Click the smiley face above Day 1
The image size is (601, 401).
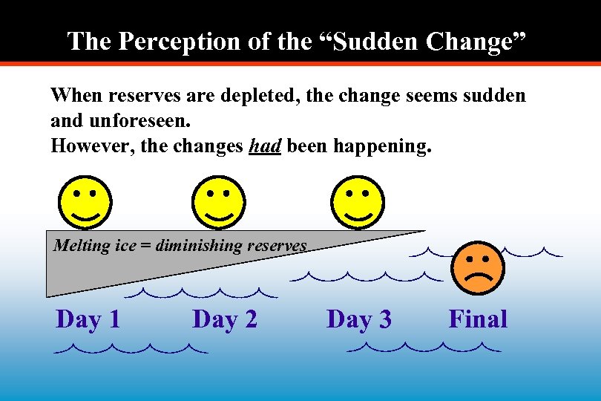(x=85, y=203)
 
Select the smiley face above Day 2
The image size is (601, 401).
(x=218, y=203)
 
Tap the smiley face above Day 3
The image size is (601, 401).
(x=358, y=203)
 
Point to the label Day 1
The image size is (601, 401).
(x=88, y=319)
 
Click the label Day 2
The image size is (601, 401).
(x=225, y=319)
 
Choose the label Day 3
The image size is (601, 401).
(x=359, y=319)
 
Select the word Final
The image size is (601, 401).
(x=478, y=319)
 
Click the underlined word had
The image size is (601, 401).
(x=265, y=146)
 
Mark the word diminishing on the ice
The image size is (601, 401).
(x=195, y=245)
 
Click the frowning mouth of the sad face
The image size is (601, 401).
(x=479, y=280)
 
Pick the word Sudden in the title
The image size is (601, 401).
(x=366, y=41)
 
